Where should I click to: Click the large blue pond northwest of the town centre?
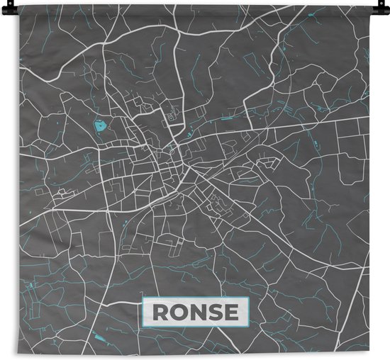point(101,128)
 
